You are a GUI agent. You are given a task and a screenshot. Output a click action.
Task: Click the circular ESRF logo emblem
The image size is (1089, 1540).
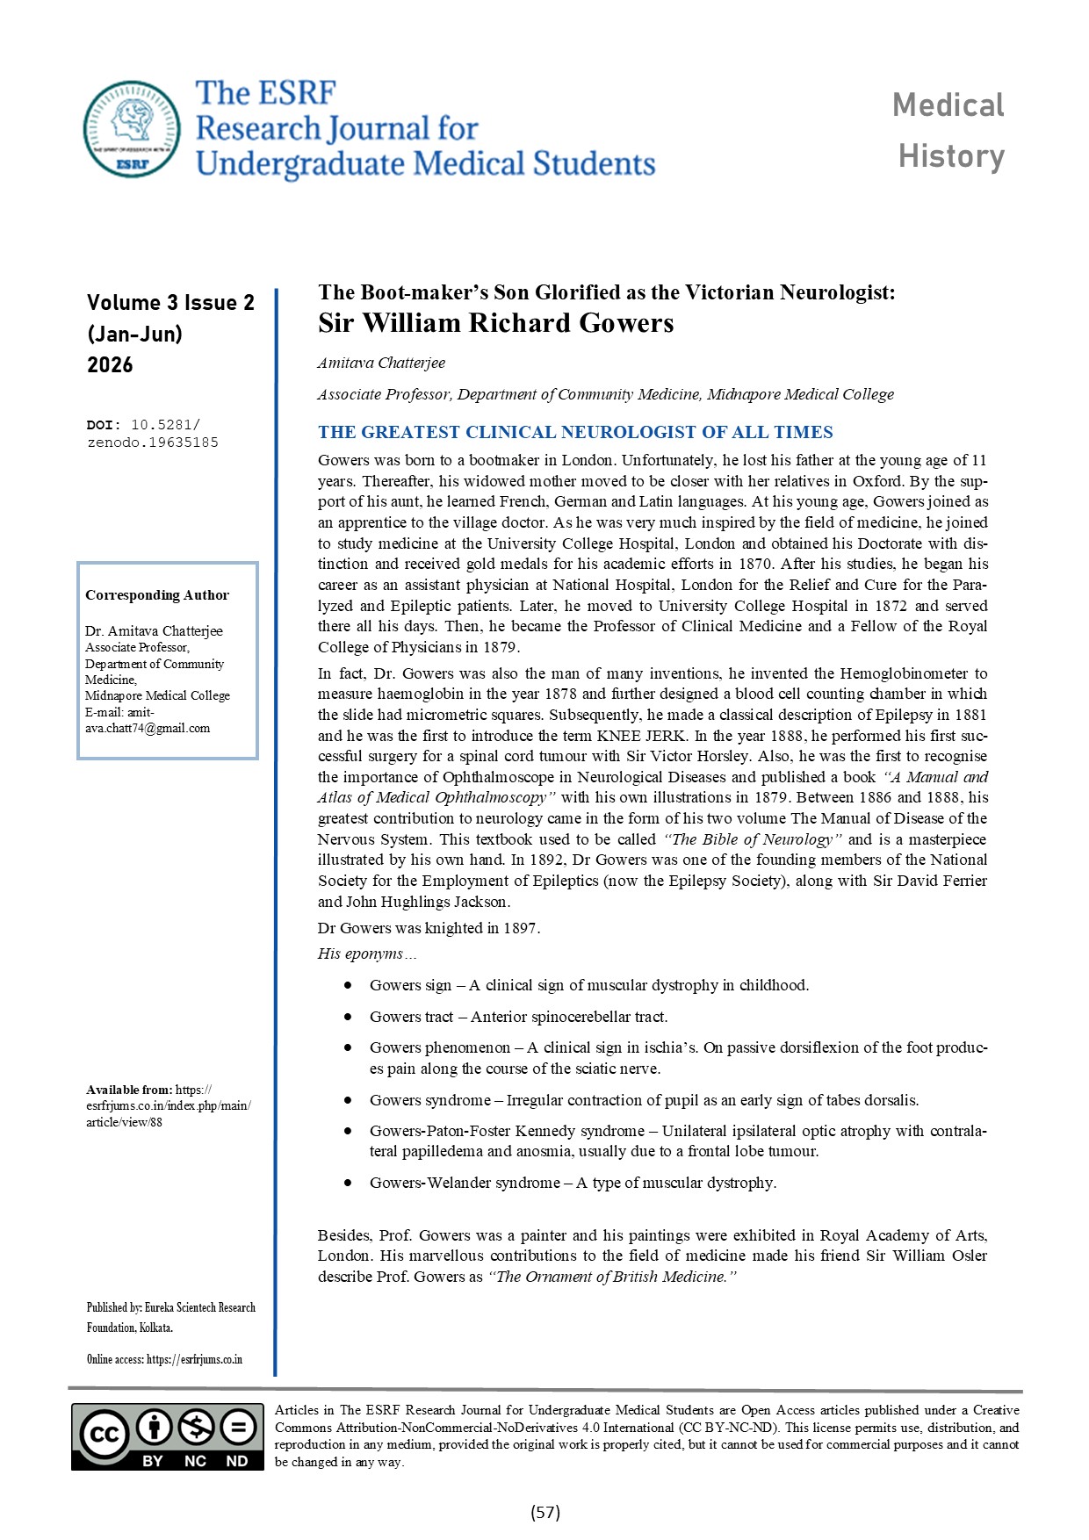tap(132, 129)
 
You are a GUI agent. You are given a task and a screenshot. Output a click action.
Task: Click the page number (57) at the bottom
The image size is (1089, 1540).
tap(545, 1512)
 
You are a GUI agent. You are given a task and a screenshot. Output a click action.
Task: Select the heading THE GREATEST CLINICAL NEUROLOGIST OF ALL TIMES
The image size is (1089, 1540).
tap(575, 432)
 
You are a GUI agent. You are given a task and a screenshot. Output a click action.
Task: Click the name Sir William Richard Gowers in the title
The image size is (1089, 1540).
tap(495, 323)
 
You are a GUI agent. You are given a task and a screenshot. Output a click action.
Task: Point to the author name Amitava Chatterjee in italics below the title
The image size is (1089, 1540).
tap(381, 363)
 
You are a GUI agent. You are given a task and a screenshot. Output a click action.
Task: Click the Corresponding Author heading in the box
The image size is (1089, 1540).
tap(156, 594)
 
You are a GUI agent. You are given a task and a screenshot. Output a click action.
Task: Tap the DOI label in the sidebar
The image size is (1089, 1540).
tap(104, 425)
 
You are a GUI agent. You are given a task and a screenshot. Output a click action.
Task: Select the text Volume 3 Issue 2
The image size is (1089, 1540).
tap(170, 303)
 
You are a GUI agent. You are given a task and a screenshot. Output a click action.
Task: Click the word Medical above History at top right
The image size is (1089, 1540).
tap(948, 105)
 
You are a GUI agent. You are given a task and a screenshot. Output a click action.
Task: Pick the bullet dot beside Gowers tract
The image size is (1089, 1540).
tap(349, 1017)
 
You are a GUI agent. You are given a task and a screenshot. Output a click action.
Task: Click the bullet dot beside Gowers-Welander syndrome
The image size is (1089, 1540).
tap(349, 1183)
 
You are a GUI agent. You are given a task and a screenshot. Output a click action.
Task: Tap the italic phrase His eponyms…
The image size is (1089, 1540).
tap(367, 954)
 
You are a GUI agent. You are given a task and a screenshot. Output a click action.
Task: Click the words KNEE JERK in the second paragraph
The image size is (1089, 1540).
tap(641, 736)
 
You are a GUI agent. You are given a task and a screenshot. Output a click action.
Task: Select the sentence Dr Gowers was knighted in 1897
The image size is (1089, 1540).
tap(429, 928)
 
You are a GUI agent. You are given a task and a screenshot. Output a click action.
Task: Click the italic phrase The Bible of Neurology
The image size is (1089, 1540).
tap(753, 839)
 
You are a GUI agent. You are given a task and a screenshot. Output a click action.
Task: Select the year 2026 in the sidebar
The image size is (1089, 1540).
tap(110, 365)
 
